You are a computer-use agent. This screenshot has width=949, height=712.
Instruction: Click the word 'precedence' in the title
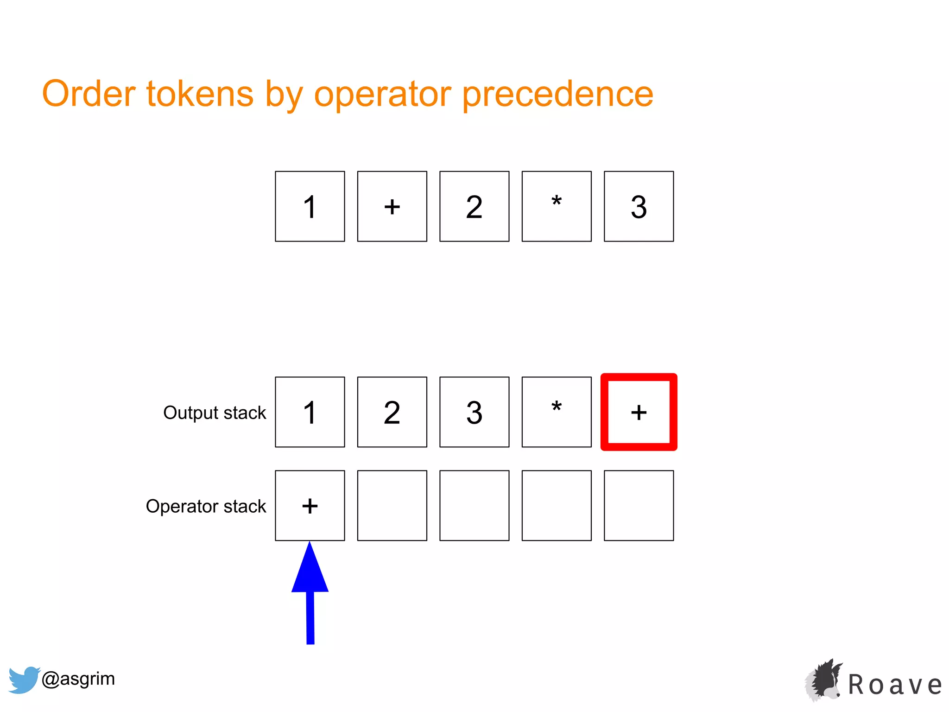tap(558, 95)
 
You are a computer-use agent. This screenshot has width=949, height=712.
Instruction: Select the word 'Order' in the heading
tap(89, 94)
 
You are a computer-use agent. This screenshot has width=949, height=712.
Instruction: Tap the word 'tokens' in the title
tap(200, 94)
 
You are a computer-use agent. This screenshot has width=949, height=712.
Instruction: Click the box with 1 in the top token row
tap(310, 206)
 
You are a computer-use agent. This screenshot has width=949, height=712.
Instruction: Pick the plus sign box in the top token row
tap(392, 206)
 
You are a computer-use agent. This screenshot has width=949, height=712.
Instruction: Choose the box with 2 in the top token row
tap(474, 206)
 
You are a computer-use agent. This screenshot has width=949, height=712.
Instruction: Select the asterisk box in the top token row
tap(557, 206)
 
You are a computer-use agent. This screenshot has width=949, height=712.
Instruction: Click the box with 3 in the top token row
tap(639, 206)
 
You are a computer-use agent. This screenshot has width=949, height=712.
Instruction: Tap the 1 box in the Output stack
tap(310, 412)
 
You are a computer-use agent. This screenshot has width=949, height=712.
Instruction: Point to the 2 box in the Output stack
tap(392, 412)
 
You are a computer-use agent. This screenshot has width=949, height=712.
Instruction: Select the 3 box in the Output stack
tap(474, 412)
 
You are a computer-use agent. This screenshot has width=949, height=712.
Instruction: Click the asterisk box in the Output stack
tap(557, 412)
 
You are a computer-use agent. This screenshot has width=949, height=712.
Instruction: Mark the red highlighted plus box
tap(639, 412)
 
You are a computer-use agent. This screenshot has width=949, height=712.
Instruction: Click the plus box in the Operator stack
tap(310, 505)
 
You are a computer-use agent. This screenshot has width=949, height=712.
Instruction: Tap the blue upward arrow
tap(310, 593)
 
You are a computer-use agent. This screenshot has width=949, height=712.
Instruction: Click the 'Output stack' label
tap(215, 413)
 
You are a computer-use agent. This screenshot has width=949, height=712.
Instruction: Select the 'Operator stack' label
tap(206, 506)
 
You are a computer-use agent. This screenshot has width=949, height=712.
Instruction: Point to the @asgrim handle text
tap(78, 679)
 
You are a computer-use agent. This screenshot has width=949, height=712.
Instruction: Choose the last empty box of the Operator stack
tap(639, 505)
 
